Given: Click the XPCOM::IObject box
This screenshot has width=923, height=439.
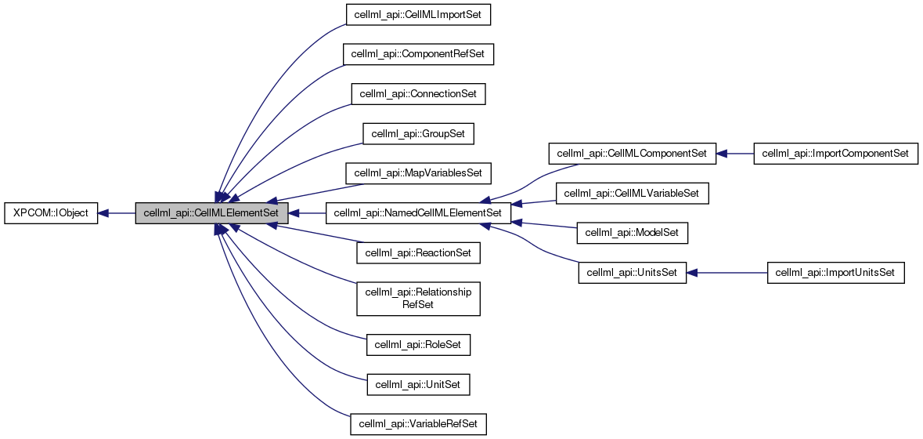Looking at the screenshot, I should pyautogui.click(x=52, y=213).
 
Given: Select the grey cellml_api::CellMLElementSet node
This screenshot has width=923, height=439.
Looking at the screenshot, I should pyautogui.click(x=211, y=213).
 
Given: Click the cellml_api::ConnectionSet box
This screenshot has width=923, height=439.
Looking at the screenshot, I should pyautogui.click(x=418, y=94).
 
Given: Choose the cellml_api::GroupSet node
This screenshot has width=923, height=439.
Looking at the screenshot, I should pyautogui.click(x=418, y=133).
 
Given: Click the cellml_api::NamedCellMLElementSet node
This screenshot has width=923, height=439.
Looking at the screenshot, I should pyautogui.click(x=418, y=213).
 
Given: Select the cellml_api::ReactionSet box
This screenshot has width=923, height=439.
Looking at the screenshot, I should pyautogui.click(x=418, y=252).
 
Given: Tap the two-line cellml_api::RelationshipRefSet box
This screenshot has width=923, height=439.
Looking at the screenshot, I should pyautogui.click(x=418, y=298).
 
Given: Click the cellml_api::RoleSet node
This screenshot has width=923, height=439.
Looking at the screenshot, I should pyautogui.click(x=418, y=344).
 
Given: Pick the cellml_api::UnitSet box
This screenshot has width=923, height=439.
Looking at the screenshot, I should pyautogui.click(x=418, y=384).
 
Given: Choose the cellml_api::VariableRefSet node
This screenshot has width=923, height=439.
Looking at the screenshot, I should pyautogui.click(x=418, y=424).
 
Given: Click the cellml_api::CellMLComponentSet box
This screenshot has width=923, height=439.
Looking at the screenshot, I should pyautogui.click(x=633, y=154).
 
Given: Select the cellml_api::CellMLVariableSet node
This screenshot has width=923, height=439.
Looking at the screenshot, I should pyautogui.click(x=633, y=193).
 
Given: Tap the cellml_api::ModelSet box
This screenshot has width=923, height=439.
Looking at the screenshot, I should pyautogui.click(x=633, y=233).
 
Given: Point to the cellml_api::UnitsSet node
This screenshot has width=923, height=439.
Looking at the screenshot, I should pyautogui.click(x=633, y=273).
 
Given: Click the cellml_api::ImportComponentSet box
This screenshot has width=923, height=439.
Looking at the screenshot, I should pyautogui.click(x=835, y=154).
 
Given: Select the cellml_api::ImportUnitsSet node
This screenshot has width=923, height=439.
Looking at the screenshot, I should pyautogui.click(x=835, y=273).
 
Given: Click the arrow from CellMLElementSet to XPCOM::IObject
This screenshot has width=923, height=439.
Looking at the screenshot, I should pyautogui.click(x=117, y=213).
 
